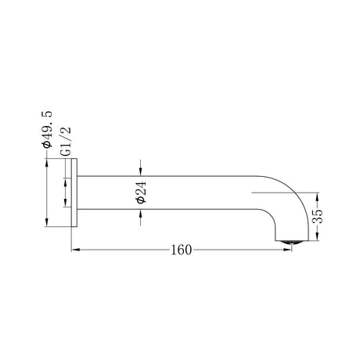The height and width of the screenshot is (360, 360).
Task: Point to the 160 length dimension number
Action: click(181, 250)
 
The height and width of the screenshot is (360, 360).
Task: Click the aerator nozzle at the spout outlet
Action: click(290, 240)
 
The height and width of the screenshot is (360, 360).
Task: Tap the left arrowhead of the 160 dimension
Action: click(75, 250)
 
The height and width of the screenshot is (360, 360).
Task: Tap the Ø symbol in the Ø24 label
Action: click(140, 202)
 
